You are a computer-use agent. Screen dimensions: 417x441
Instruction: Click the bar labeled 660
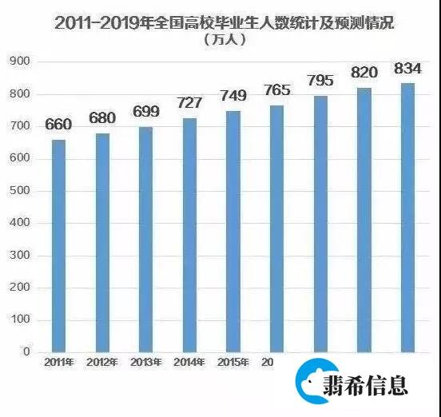click(x=58, y=245)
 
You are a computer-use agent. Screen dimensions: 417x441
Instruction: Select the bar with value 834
click(x=407, y=216)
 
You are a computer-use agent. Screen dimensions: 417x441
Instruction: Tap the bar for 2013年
click(x=146, y=239)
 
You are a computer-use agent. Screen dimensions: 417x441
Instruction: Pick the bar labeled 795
click(x=320, y=224)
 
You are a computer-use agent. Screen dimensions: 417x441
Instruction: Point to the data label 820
click(x=364, y=73)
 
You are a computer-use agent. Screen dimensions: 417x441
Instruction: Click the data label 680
click(x=102, y=119)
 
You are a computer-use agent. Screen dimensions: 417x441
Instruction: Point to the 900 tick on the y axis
click(x=20, y=62)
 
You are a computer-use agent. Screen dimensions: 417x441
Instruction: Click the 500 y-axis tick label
click(x=20, y=191)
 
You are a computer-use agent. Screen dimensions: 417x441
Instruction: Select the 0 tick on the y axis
click(x=26, y=351)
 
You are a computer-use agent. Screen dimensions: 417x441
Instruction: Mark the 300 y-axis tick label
click(x=20, y=256)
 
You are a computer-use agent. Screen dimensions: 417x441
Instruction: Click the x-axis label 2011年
click(x=58, y=363)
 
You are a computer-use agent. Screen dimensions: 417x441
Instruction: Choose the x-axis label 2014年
click(x=189, y=363)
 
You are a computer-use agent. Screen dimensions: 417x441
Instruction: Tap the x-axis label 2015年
click(x=232, y=363)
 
